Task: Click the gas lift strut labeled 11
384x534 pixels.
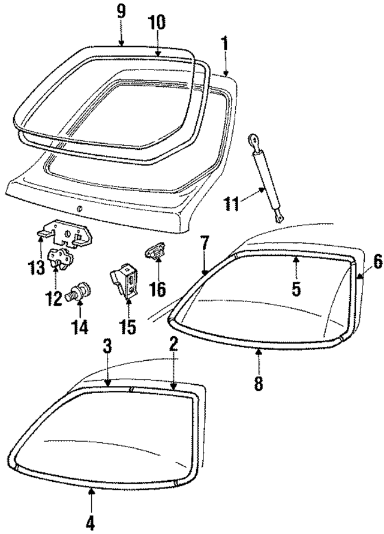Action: [266, 177]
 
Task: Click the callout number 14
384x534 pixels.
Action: [80, 327]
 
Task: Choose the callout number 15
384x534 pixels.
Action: [127, 327]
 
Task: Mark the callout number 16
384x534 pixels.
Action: [157, 290]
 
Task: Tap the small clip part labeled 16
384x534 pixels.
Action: [155, 252]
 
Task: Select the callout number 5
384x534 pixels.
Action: [296, 288]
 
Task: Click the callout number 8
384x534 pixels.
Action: [259, 383]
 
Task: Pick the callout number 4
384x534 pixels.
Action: [90, 523]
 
